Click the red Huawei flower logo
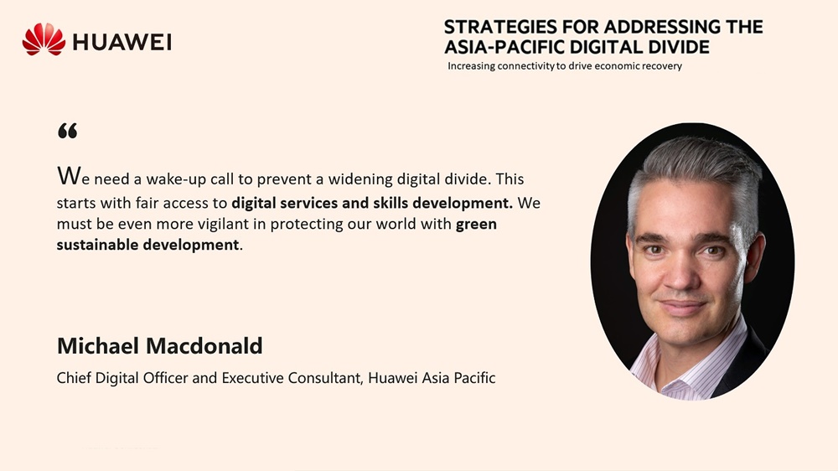click(44, 39)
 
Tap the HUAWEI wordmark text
click(122, 42)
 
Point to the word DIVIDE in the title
click(679, 47)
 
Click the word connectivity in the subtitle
click(525, 66)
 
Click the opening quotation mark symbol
click(67, 131)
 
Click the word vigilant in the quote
click(222, 224)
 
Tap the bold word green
click(476, 225)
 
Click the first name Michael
click(98, 346)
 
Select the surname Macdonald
click(204, 346)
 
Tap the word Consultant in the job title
click(326, 378)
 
